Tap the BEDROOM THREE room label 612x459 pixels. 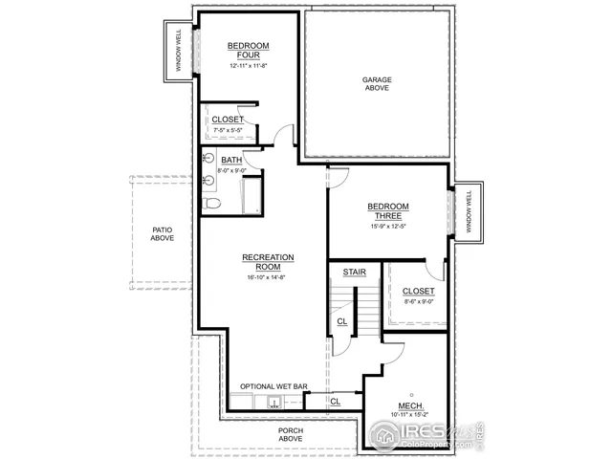coord(388,211)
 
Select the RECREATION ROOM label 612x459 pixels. coord(268,262)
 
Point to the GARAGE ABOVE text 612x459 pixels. coord(377,84)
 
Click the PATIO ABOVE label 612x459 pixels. coord(162,232)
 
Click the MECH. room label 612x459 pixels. coord(411,407)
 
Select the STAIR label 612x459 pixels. coord(355,273)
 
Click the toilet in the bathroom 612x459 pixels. coord(212,204)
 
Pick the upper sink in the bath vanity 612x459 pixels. coord(208,160)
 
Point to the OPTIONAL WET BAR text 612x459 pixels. coord(273,386)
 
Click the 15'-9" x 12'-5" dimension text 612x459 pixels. coord(387,227)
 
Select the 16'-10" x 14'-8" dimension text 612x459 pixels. coord(268,276)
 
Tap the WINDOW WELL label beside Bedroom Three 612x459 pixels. coord(469,211)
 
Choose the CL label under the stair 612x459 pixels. coord(341,322)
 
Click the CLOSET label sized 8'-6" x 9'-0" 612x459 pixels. coord(418,291)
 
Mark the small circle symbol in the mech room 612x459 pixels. coord(412,392)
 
